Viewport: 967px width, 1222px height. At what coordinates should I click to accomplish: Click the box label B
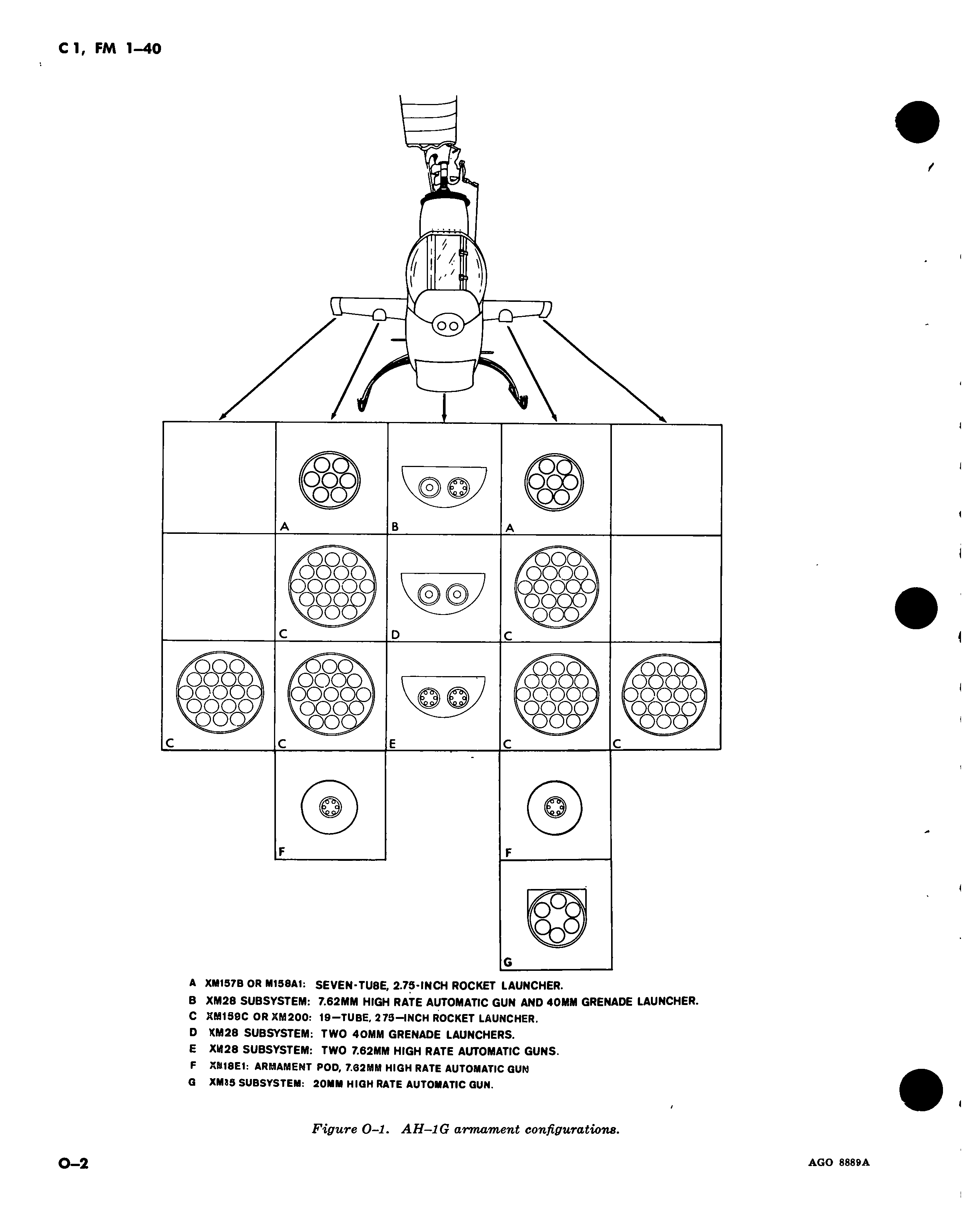click(395, 527)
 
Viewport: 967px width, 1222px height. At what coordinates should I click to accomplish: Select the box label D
click(395, 635)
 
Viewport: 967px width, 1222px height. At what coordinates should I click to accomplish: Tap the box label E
click(392, 744)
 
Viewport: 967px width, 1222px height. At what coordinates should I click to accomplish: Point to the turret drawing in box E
click(443, 697)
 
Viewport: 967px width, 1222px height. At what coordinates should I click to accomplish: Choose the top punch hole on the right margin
click(917, 121)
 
